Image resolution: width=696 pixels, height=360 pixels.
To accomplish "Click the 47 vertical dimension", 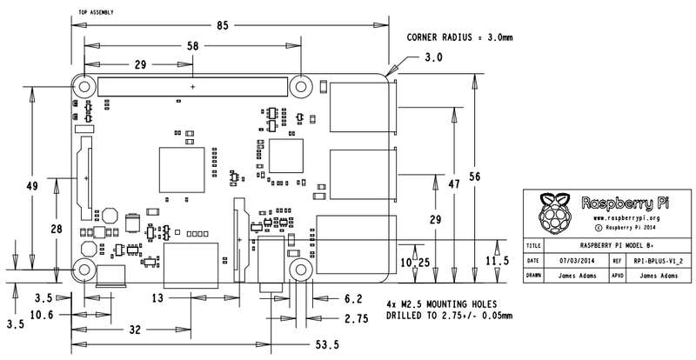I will pos(453,184).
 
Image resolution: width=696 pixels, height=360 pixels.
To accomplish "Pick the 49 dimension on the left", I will pos(32,187).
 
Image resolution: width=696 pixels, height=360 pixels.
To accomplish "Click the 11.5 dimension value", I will pos(499,260).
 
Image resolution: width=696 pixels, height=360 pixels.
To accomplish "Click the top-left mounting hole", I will pos(85,87).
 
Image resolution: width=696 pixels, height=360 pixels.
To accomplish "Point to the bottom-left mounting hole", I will pos(85,268).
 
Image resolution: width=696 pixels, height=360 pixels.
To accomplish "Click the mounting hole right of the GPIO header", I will pos(301,87).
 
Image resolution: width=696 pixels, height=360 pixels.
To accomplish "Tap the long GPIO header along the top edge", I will pos(192,87).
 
